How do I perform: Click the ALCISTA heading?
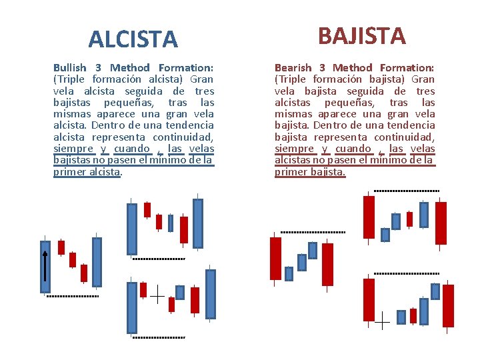133,40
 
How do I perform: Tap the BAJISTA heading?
362,35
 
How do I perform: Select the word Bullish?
70,67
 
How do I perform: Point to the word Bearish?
293,67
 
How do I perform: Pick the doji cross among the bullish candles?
157,294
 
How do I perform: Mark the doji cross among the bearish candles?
382,321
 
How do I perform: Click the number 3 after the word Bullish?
98,67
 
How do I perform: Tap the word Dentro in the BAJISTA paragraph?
326,125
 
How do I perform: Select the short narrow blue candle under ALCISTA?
171,223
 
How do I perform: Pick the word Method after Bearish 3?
352,67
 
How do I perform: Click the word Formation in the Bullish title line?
186,67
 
